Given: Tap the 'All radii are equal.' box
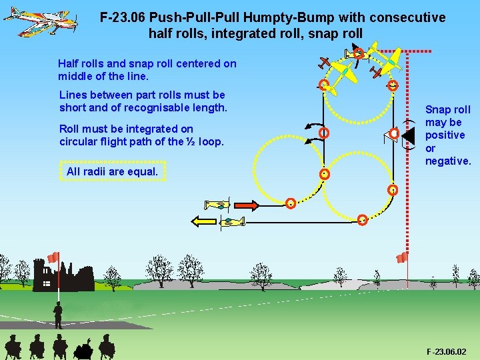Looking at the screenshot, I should (x=113, y=171).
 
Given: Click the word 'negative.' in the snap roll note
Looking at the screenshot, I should (x=449, y=161).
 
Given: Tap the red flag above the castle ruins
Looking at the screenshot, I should (x=53, y=257).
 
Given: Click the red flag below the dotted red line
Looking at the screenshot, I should (x=402, y=257).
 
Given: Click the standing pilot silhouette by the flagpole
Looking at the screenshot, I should (x=58, y=313).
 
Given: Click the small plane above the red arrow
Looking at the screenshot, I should (x=217, y=204).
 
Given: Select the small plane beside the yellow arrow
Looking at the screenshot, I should (x=231, y=222).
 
